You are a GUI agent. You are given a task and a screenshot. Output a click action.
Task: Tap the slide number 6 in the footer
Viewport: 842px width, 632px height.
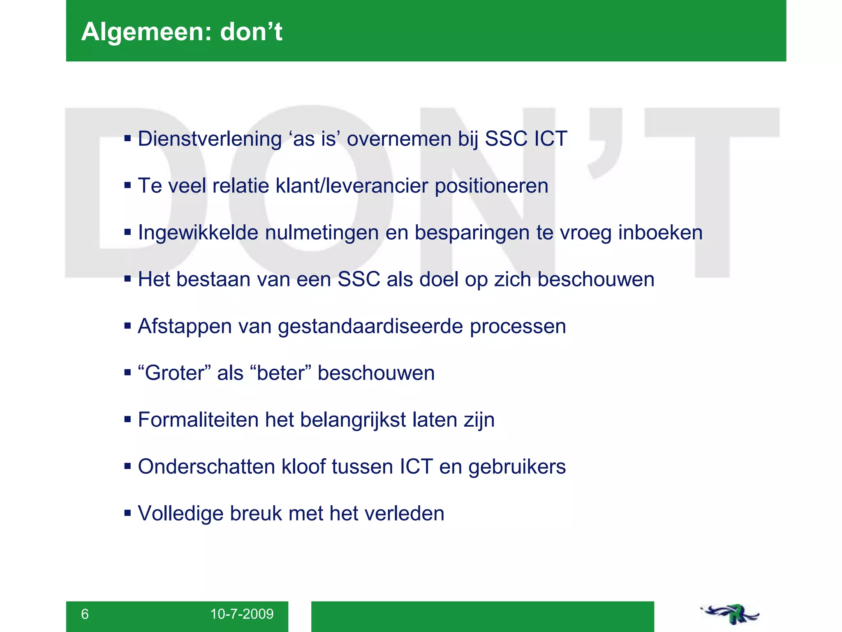[85, 614]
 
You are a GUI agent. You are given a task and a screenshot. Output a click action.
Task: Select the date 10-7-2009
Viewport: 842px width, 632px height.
[242, 614]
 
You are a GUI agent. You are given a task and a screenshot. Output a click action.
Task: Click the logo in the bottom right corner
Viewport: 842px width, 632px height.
[730, 614]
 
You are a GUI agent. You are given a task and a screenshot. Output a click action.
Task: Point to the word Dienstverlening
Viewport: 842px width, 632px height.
[210, 139]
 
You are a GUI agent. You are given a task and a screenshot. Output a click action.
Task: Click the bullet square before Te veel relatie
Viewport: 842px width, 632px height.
[127, 186]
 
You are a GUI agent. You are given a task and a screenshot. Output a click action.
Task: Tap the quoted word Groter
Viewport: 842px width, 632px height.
[175, 373]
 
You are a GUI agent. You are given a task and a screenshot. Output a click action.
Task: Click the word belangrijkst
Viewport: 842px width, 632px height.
[353, 420]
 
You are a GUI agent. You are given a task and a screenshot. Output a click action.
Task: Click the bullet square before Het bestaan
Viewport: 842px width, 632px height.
[127, 279]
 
